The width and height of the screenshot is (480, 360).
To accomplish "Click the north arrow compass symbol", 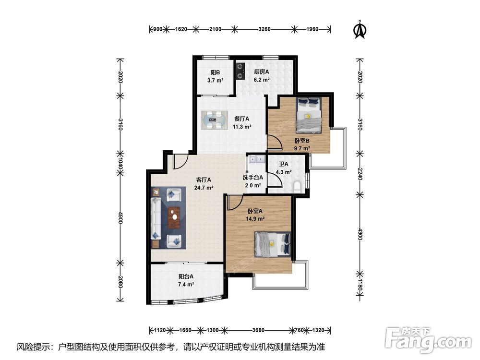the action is pyautogui.click(x=360, y=30).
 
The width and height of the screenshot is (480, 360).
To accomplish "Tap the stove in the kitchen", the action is pyautogui.click(x=240, y=70).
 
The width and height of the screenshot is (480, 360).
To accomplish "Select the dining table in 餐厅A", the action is pyautogui.click(x=214, y=120).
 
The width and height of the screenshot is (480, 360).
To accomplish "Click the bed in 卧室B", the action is pyautogui.click(x=309, y=115).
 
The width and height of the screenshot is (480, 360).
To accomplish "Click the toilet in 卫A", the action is pyautogui.click(x=298, y=187).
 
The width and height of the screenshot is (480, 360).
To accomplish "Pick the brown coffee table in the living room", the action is pyautogui.click(x=174, y=217).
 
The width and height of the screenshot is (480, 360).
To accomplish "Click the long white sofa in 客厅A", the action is pyautogui.click(x=156, y=218).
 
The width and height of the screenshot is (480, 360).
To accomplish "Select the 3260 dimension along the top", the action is pyautogui.click(x=264, y=29).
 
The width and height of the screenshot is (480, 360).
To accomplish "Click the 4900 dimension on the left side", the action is pyautogui.click(x=120, y=217).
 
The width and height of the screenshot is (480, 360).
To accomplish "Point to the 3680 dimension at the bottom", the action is pyautogui.click(x=258, y=330).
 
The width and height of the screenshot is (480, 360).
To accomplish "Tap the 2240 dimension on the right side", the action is pyautogui.click(x=360, y=174).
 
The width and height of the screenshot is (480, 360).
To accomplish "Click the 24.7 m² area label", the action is pyautogui.click(x=204, y=188).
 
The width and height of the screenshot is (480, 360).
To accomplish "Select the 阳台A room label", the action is pyautogui.click(x=186, y=276).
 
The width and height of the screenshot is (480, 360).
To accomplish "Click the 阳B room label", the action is pyautogui.click(x=215, y=72).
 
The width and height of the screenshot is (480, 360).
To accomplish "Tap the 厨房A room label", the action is pyautogui.click(x=262, y=72).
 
